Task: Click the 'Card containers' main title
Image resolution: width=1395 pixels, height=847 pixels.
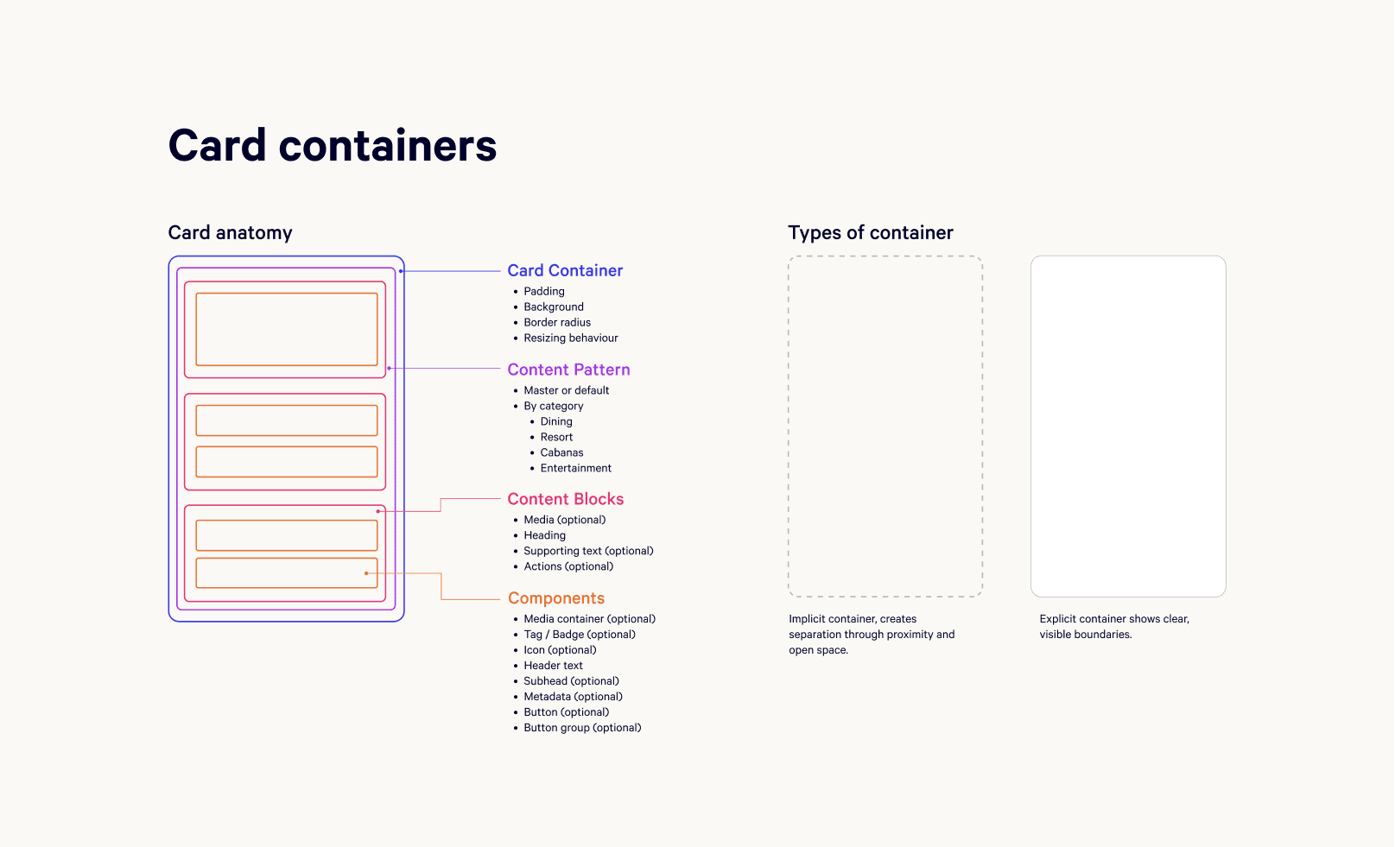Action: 333,145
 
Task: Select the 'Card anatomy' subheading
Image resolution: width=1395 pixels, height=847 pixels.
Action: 230,233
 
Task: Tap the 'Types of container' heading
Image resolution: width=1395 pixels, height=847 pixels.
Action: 870,233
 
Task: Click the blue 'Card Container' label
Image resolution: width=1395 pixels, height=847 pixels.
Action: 565,271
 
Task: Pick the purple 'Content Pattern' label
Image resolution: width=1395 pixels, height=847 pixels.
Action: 568,370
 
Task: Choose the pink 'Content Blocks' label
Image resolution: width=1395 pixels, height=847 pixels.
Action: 565,499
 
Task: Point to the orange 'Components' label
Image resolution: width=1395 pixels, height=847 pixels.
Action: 555,598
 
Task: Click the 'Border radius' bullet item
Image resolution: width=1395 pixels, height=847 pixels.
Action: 557,323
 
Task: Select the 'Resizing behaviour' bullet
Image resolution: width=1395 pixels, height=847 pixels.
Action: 570,338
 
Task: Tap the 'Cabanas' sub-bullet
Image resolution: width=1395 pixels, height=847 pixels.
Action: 561,452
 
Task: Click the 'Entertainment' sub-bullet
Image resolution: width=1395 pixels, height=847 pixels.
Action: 575,468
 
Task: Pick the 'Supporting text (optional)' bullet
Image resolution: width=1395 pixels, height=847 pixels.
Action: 588,551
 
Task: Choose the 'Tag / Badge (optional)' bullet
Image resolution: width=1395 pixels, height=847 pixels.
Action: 579,635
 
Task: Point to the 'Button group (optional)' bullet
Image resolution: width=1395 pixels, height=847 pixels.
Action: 582,728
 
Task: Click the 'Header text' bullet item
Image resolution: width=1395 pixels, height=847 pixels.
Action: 553,666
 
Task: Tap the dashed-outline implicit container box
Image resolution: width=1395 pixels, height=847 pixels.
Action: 885,426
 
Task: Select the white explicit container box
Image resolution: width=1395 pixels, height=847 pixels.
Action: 1128,426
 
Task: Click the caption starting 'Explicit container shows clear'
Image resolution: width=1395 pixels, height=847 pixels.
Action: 1114,627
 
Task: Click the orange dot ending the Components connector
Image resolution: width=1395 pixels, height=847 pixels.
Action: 366,573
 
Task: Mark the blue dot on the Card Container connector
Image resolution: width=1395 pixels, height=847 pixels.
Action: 401,271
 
